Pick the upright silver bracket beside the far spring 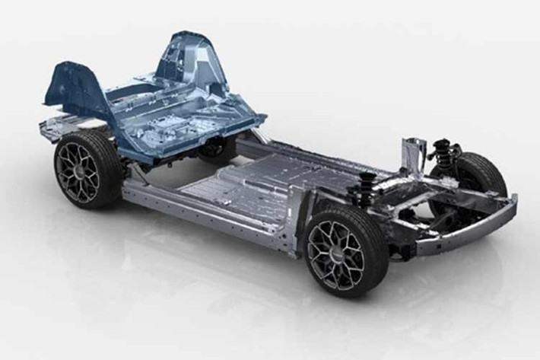413,153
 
